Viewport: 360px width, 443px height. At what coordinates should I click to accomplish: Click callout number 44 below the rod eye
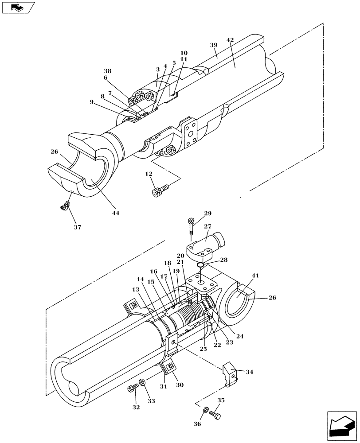click(x=115, y=213)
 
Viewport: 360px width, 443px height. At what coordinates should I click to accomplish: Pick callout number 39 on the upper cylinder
click(x=214, y=46)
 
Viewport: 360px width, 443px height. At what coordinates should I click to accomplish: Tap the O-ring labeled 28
click(x=200, y=265)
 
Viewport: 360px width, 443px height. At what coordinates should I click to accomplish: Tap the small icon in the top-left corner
click(x=17, y=8)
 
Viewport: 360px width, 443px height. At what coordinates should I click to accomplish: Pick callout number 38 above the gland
click(x=107, y=71)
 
